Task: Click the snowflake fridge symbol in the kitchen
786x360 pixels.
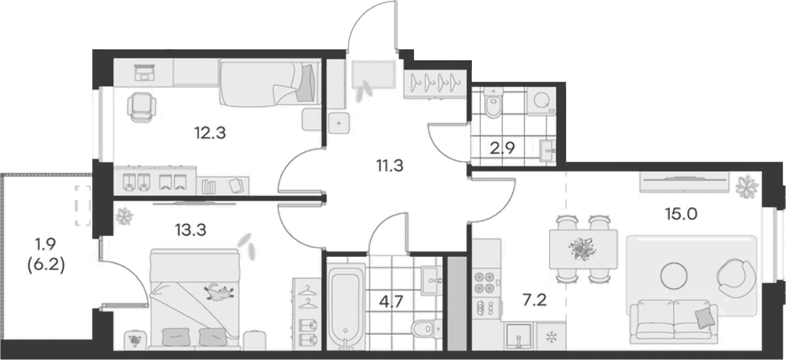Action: pyautogui.click(x=552, y=336)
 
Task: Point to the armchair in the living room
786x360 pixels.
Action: pyautogui.click(x=737, y=277)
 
